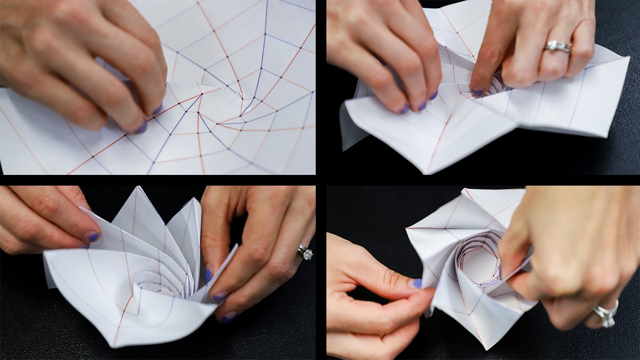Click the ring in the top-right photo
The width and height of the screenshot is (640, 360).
[x=558, y=47]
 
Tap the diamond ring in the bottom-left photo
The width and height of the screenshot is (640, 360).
[x=305, y=252]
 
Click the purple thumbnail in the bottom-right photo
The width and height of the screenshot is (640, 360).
[x=415, y=284]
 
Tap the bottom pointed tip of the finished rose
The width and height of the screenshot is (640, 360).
[x=485, y=348]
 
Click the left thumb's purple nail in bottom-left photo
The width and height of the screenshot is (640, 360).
[x=93, y=237]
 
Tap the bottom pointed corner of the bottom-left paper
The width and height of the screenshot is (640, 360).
[x=115, y=346]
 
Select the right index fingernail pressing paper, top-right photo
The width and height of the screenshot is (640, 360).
[x=477, y=92]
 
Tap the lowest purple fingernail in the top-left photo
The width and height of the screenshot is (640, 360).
[x=141, y=127]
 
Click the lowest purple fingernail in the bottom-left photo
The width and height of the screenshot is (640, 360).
[x=229, y=318]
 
